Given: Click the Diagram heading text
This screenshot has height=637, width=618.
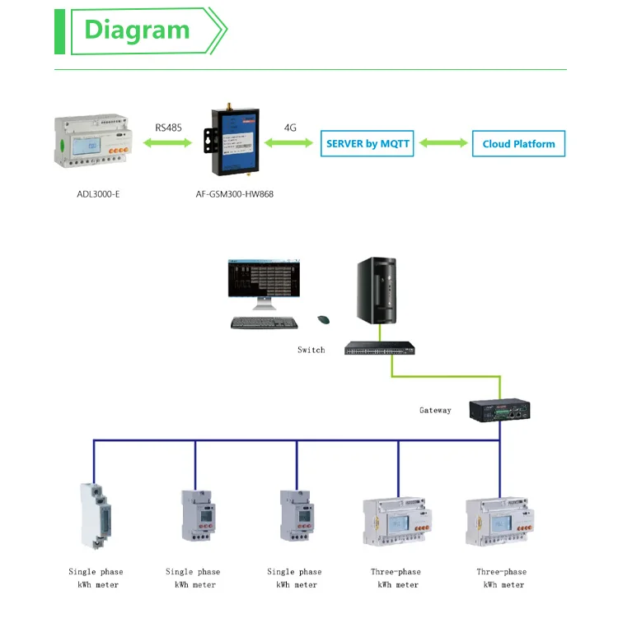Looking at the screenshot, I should pyautogui.click(x=137, y=30).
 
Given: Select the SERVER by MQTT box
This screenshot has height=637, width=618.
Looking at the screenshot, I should pyautogui.click(x=368, y=143).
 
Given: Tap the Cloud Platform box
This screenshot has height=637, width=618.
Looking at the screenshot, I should pyautogui.click(x=518, y=144).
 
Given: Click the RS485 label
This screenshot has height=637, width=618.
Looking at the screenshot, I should pyautogui.click(x=169, y=128).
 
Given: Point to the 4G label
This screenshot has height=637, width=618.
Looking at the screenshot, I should pyautogui.click(x=290, y=128).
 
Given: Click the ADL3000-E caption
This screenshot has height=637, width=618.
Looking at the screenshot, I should pyautogui.click(x=93, y=194).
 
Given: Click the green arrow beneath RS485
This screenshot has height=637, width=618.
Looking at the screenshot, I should pyautogui.click(x=169, y=143).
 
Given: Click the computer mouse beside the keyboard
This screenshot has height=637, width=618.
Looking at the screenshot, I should pyautogui.click(x=324, y=319).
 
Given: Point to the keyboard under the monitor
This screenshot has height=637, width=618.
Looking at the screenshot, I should pyautogui.click(x=264, y=323).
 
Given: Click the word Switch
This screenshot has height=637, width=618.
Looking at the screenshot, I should pyautogui.click(x=311, y=350).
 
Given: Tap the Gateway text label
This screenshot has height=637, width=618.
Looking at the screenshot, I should pyautogui.click(x=435, y=410).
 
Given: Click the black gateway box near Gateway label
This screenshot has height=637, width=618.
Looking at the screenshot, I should pyautogui.click(x=498, y=410).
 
